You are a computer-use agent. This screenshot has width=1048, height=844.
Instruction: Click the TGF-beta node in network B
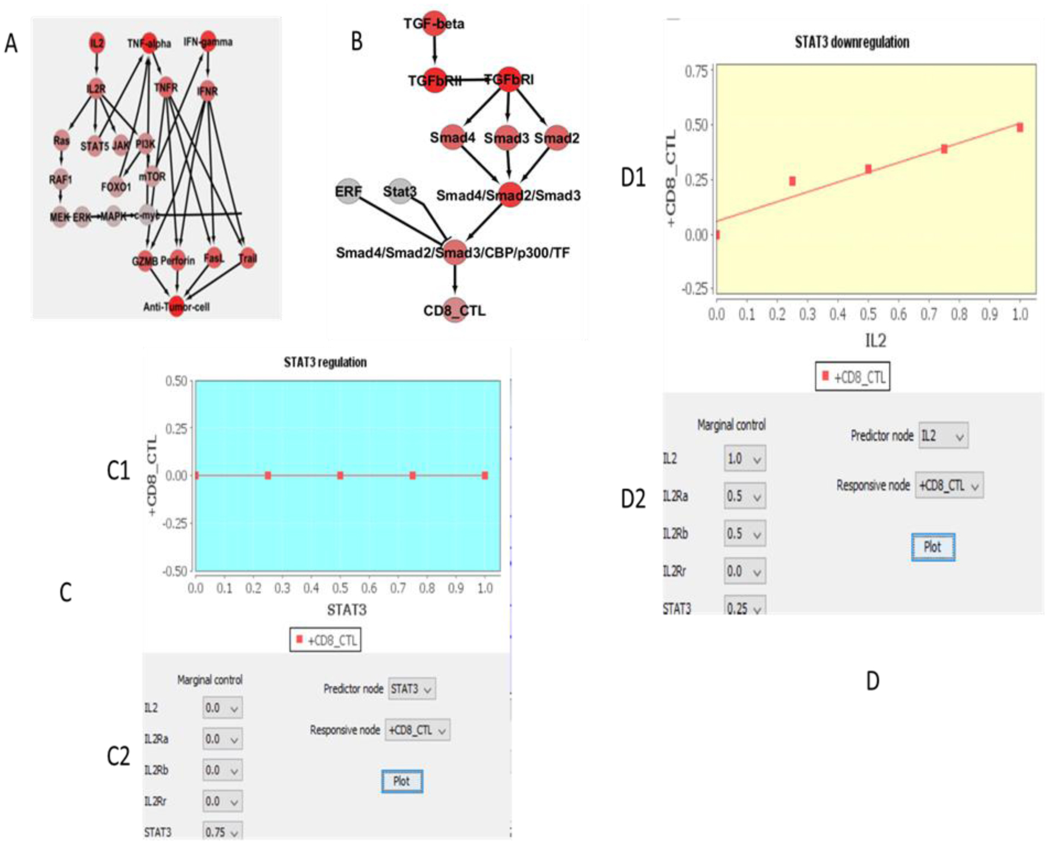[434, 23]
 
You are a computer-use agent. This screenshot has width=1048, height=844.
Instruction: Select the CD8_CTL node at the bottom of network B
[454, 309]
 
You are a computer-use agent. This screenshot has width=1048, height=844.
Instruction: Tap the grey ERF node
[348, 191]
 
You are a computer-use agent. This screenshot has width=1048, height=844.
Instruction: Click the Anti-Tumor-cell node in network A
[176, 306]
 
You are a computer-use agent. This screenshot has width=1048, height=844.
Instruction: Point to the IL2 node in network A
[97, 43]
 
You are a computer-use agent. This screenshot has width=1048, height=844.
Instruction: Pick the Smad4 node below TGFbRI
[453, 137]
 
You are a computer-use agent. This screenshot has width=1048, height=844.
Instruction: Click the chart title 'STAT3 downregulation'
[852, 42]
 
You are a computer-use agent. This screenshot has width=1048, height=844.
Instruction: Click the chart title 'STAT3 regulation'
[325, 362]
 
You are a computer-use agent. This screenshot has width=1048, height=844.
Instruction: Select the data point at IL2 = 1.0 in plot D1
[1020, 128]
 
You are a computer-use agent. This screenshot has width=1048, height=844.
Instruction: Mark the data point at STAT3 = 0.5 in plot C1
[340, 475]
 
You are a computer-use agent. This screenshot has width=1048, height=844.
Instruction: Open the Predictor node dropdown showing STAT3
[412, 689]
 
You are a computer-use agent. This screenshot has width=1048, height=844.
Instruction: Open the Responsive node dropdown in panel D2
[948, 486]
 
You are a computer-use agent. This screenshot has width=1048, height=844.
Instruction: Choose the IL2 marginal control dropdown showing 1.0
[744, 459]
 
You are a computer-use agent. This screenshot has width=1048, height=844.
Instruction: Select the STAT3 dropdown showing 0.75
[222, 832]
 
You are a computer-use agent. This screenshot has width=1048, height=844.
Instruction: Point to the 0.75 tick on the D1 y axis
[696, 71]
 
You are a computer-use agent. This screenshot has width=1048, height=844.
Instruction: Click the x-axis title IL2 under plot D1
[875, 340]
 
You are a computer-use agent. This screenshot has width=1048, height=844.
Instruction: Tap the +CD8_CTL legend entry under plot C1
[325, 640]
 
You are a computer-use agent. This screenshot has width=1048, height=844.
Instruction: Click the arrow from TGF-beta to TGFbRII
[434, 49]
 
